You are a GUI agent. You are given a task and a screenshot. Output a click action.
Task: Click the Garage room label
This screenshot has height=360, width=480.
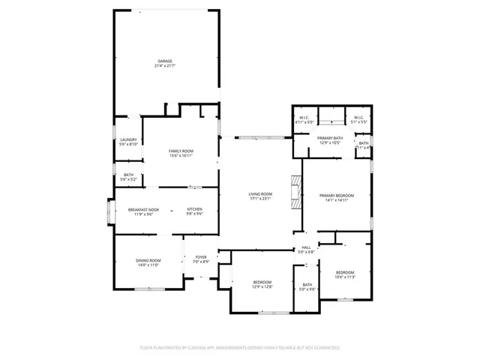pyautogui.click(x=165, y=61)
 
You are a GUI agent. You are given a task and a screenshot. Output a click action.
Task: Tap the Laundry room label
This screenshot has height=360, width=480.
pyautogui.click(x=129, y=139)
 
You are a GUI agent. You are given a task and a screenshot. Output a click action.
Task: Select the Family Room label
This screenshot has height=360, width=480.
pyautogui.click(x=181, y=151)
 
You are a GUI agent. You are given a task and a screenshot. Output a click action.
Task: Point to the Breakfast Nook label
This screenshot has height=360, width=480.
pyautogui.click(x=143, y=209)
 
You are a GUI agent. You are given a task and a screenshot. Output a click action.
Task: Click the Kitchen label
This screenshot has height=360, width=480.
pyautogui.click(x=194, y=209)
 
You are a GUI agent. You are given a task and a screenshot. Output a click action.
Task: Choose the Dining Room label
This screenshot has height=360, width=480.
pyautogui.click(x=148, y=260)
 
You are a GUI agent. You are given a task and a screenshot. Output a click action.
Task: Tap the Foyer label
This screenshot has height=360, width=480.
pyautogui.click(x=200, y=257)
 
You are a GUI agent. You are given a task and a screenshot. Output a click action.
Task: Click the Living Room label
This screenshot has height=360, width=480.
pyautogui.click(x=260, y=195)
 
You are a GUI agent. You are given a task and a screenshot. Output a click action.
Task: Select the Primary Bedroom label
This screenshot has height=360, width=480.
pyautogui.click(x=335, y=195)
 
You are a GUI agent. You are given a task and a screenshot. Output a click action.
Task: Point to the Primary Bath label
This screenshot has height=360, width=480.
pyautogui.click(x=330, y=138)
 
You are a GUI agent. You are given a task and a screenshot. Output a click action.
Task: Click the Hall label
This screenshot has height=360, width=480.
pyautogui.click(x=306, y=247)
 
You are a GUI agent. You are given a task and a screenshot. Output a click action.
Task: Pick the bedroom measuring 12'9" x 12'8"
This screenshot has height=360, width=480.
pyautogui.click(x=262, y=282)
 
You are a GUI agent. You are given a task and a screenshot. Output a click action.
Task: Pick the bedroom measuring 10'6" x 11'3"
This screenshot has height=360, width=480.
pyautogui.click(x=345, y=271)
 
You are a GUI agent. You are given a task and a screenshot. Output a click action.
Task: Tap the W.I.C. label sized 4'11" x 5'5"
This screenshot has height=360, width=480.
pyautogui.click(x=304, y=118)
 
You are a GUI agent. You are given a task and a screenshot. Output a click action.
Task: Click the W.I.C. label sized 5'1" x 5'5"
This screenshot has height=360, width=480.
pyautogui.click(x=357, y=118)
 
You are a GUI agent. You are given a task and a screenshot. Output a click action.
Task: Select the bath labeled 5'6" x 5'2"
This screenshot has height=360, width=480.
pyautogui.click(x=129, y=175)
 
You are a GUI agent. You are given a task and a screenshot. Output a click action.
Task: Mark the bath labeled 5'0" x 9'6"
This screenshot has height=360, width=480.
pyautogui.click(x=307, y=285)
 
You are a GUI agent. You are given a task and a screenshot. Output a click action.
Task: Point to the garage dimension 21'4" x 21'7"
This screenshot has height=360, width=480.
pyautogui.click(x=165, y=66)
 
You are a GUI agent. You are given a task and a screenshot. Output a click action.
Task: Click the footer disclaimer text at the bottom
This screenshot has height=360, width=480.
pyautogui.click(x=240, y=348)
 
